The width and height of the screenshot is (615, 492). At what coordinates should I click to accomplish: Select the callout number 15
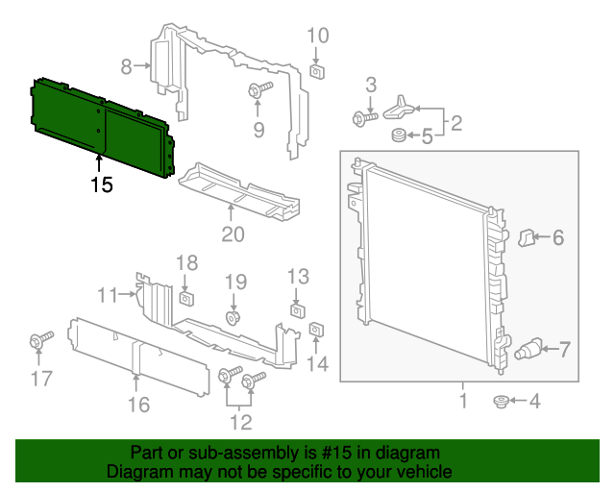[102, 184]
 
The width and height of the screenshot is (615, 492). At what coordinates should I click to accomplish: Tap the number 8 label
[127, 66]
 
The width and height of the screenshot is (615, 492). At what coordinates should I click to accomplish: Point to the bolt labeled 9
[259, 90]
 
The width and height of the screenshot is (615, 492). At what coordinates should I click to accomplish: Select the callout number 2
[455, 122]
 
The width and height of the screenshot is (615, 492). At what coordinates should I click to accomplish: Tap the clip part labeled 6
[527, 235]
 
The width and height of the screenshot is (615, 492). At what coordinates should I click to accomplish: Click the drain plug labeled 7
[529, 348]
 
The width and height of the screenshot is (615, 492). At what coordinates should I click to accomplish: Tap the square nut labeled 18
[187, 293]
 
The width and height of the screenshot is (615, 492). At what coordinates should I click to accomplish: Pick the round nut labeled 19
[234, 316]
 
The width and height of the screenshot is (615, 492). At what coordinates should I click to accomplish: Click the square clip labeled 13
[298, 309]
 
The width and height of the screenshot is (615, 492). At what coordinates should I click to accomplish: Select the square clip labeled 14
[315, 332]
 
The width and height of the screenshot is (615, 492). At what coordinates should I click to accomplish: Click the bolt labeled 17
[41, 341]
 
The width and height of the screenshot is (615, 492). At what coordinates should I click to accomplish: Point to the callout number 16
[139, 405]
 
